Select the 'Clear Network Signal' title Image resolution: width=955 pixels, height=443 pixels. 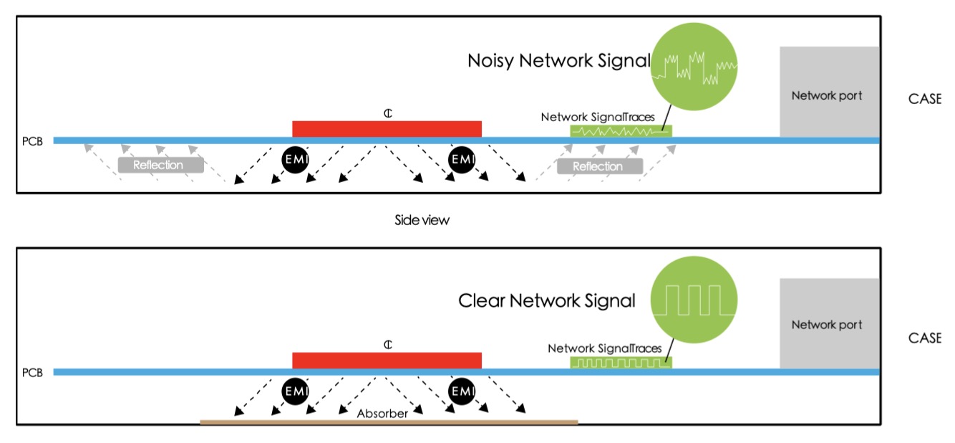[x=547, y=300]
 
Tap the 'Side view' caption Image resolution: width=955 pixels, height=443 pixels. [x=422, y=220]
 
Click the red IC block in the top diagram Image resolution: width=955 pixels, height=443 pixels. [x=387, y=128]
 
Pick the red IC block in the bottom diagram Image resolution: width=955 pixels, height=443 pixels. [x=387, y=360]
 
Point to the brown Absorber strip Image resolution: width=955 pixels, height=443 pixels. [x=389, y=422]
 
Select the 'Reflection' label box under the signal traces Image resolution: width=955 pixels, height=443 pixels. [x=598, y=166]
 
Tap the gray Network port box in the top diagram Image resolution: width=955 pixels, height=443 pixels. [x=829, y=92]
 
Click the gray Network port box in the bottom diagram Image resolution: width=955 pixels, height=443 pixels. [x=829, y=323]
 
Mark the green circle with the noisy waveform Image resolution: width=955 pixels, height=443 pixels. [x=694, y=67]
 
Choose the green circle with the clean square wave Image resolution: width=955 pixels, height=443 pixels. [x=694, y=299]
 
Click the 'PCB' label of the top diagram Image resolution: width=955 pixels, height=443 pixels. [x=33, y=140]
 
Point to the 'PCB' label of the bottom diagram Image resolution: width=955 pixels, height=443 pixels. [x=33, y=372]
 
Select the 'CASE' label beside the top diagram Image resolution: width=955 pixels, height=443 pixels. [x=924, y=100]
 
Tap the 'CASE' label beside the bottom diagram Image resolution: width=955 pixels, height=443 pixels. [x=924, y=338]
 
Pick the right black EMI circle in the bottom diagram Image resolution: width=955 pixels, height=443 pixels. [x=462, y=391]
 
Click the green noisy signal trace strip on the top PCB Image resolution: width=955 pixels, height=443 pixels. [x=621, y=131]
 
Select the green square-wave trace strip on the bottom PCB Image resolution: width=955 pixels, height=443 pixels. [x=621, y=363]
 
